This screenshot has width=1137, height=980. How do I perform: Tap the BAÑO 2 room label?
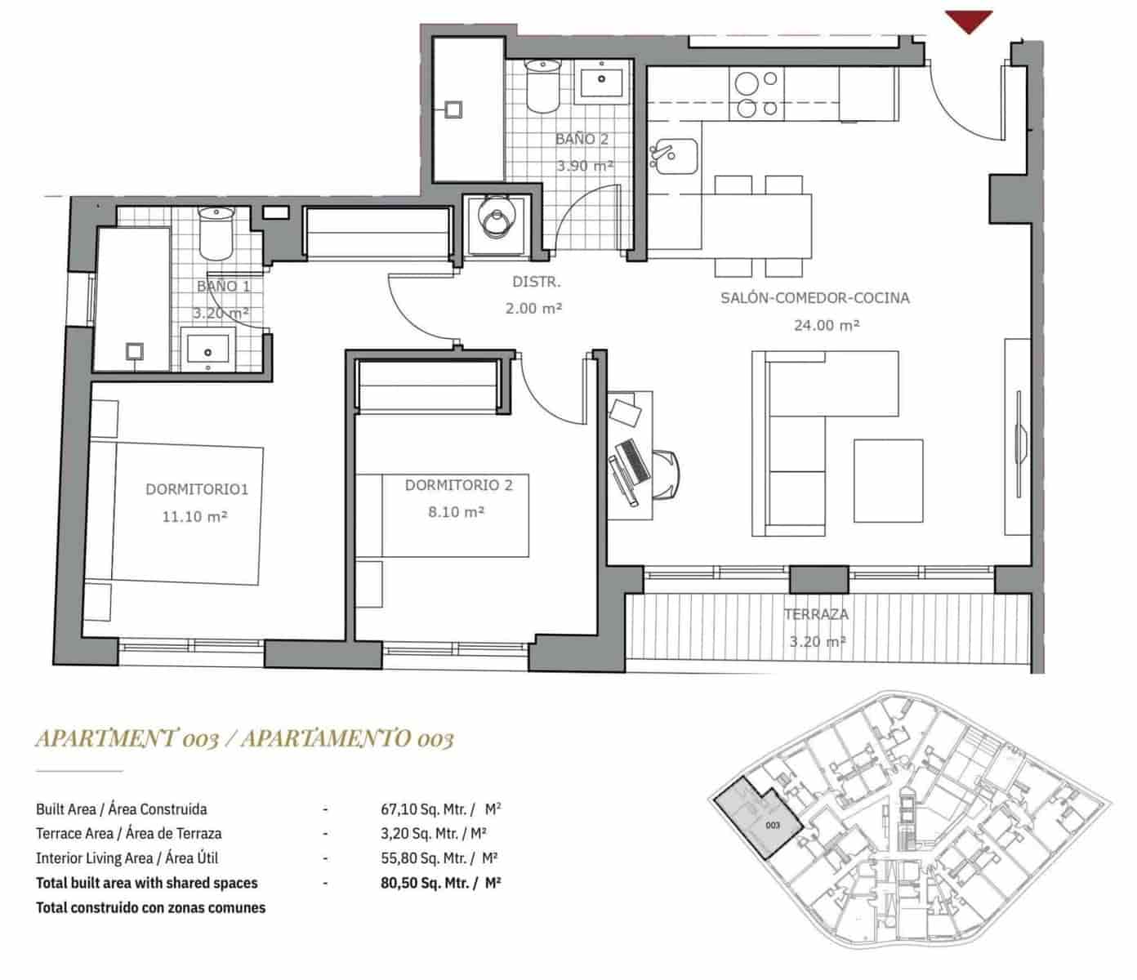tap(582, 139)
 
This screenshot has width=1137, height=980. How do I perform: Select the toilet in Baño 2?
tap(542, 88)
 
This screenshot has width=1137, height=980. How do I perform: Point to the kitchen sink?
tap(673, 156)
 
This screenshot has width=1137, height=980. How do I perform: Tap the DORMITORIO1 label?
tap(196, 489)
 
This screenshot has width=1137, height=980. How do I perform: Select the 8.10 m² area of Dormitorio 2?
tap(457, 512)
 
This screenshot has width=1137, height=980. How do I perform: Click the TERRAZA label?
tap(815, 614)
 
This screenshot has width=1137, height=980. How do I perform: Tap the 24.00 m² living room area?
tap(826, 325)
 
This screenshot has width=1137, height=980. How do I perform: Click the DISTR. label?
tap(536, 283)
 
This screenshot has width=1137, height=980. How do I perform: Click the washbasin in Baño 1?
tap(207, 350)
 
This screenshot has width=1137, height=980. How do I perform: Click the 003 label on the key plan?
tap(773, 825)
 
